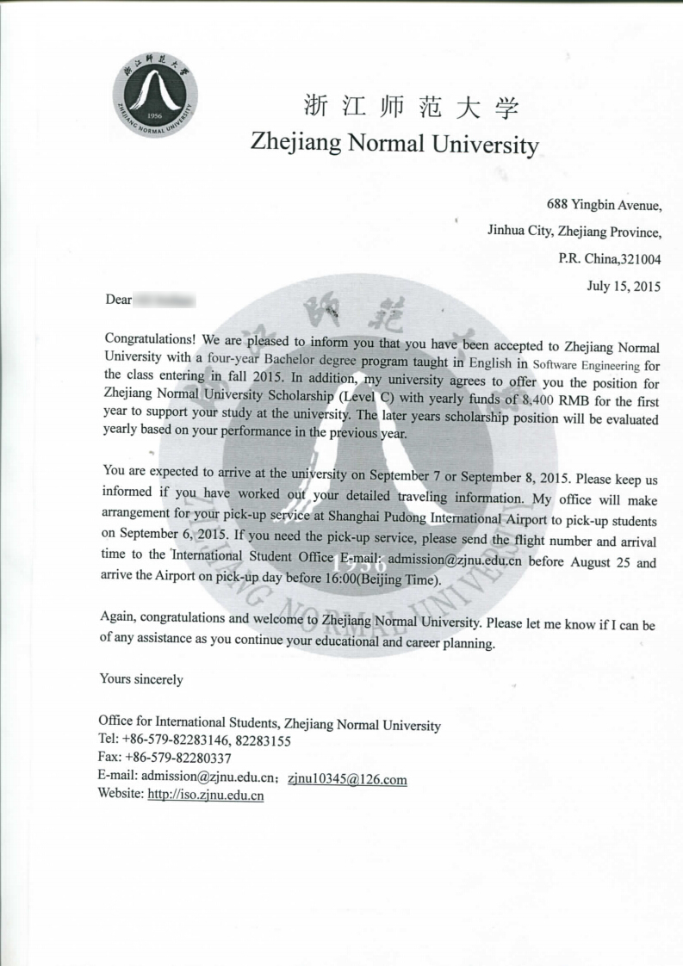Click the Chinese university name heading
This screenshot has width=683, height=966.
click(x=412, y=108)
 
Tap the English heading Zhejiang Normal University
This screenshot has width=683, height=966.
click(x=394, y=142)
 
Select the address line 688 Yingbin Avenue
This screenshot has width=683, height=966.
click(x=604, y=205)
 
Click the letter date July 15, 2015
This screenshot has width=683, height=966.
click(x=624, y=286)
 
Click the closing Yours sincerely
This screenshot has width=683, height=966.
click(x=141, y=679)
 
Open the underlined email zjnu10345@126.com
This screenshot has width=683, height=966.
click(x=347, y=780)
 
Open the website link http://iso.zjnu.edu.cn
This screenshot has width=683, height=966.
click(x=206, y=795)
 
